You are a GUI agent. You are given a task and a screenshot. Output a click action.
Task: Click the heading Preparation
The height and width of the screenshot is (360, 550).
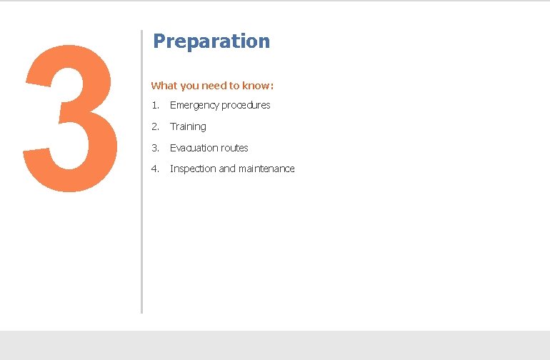coord(211,41)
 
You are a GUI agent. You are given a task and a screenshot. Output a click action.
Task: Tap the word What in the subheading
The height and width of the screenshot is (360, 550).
coord(164,86)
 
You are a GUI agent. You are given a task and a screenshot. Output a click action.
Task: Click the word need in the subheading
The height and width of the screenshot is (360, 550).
coord(214,86)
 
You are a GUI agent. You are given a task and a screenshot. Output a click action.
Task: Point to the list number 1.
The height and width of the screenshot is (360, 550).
coord(155,106)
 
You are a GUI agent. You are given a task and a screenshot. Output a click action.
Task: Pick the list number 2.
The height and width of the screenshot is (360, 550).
coord(155,126)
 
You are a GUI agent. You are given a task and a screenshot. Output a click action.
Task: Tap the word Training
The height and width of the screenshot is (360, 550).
coord(188,126)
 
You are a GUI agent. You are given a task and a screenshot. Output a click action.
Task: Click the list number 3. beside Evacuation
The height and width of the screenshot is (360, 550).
coord(155,148)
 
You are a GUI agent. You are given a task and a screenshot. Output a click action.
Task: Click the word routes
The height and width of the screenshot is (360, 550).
coord(235,148)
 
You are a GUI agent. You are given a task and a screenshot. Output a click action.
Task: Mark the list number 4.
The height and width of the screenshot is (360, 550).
coord(155,169)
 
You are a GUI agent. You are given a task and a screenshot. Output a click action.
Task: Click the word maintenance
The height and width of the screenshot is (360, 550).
coord(266,169)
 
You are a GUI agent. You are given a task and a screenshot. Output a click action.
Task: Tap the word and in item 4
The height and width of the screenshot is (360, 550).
coord(227,169)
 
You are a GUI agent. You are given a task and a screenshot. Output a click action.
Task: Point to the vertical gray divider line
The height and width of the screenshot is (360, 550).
coord(141,214)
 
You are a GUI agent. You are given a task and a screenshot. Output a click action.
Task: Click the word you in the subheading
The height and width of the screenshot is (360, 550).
coord(189,86)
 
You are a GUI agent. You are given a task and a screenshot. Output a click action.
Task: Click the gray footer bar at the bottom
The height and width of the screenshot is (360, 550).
coord(275,345)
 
